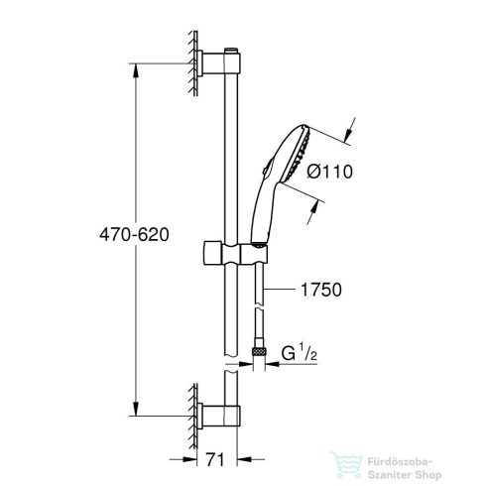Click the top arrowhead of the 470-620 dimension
[135, 71]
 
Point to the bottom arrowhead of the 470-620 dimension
[135, 408]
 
